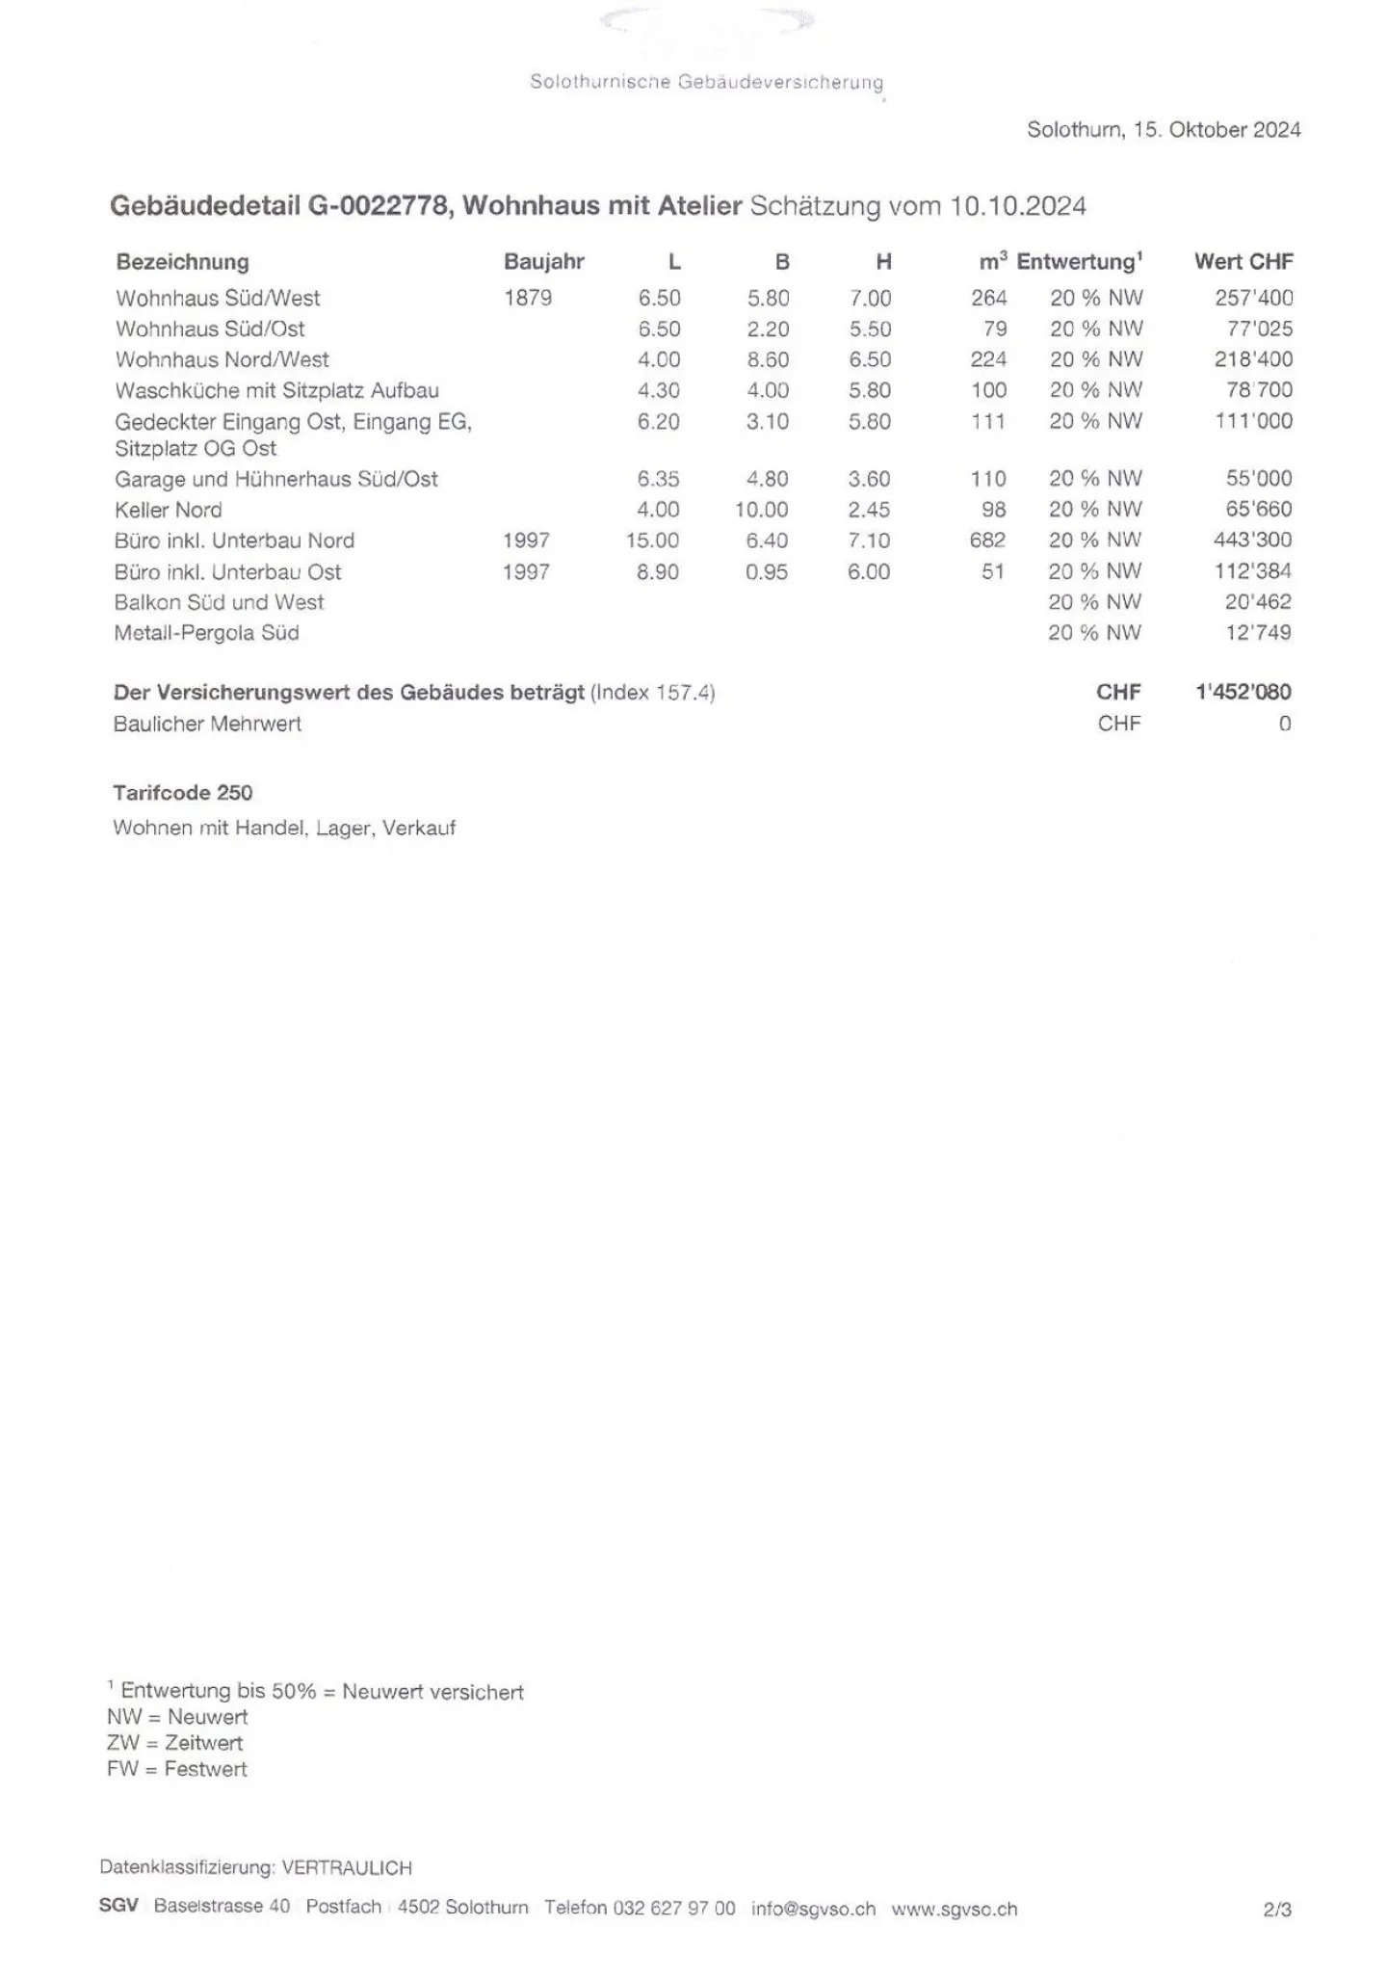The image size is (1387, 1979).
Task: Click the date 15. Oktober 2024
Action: click(1217, 130)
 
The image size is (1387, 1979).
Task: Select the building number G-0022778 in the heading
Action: click(378, 206)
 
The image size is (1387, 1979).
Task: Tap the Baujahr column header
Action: click(543, 262)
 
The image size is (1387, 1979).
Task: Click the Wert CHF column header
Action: click(1243, 262)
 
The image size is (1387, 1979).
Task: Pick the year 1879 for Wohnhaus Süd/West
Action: click(527, 299)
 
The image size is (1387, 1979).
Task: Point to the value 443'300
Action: click(1252, 541)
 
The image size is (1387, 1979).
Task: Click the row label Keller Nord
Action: click(169, 510)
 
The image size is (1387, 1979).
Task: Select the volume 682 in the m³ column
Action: click(987, 541)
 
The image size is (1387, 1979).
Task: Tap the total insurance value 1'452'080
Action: click(1243, 692)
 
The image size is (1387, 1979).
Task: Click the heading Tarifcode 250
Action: click(183, 793)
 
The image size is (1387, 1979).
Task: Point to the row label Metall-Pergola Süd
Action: click(207, 633)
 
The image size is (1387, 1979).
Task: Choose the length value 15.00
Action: click(652, 541)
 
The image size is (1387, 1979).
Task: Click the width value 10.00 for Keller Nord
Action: click(761, 510)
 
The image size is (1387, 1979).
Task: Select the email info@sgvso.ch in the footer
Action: click(813, 1909)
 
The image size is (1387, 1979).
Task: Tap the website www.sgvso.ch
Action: click(954, 1909)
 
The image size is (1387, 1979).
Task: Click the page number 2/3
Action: click(1276, 1909)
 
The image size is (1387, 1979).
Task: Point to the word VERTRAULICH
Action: click(347, 1867)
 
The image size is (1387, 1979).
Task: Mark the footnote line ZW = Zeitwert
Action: click(175, 1743)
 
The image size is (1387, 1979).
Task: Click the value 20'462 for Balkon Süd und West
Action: click(1258, 602)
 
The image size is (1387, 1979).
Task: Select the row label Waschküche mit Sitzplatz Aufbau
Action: click(277, 391)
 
